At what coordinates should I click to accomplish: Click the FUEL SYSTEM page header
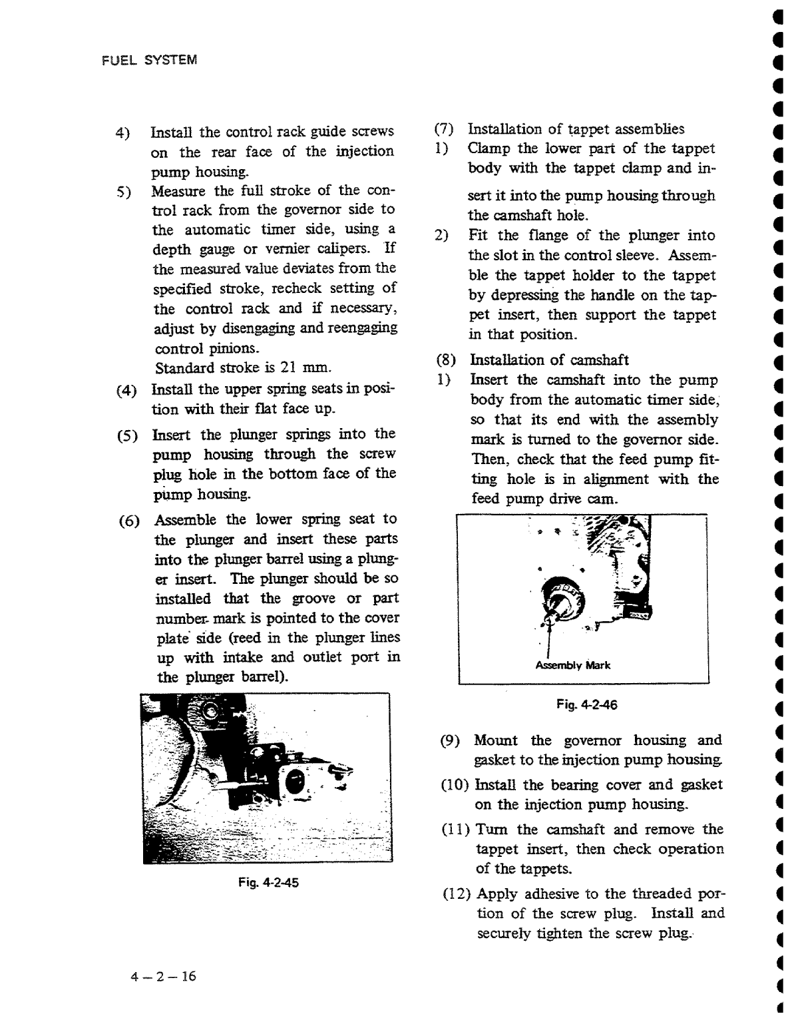[150, 60]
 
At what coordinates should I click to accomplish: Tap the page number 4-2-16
[164, 976]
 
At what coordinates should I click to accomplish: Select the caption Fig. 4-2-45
[269, 883]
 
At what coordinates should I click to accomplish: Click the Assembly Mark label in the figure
[572, 665]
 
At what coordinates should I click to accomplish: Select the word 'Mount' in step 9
[496, 740]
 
